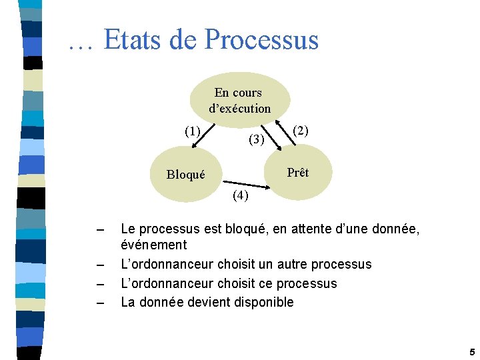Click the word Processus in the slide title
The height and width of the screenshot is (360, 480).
[x=262, y=40]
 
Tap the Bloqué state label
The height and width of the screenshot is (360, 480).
[x=186, y=175]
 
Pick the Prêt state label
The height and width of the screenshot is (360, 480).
[x=297, y=173]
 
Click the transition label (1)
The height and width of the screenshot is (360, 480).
[x=193, y=131]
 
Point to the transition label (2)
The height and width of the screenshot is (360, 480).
[x=301, y=131]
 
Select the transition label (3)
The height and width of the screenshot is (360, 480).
[x=257, y=139]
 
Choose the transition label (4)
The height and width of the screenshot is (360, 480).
[x=240, y=195]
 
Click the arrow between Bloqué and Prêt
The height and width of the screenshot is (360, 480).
[x=247, y=184]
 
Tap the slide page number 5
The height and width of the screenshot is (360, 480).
[x=471, y=351]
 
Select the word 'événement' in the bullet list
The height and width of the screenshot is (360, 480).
[x=153, y=245]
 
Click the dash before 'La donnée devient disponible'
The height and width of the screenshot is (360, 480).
[x=100, y=303]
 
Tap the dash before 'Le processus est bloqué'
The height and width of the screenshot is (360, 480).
[x=100, y=230]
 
